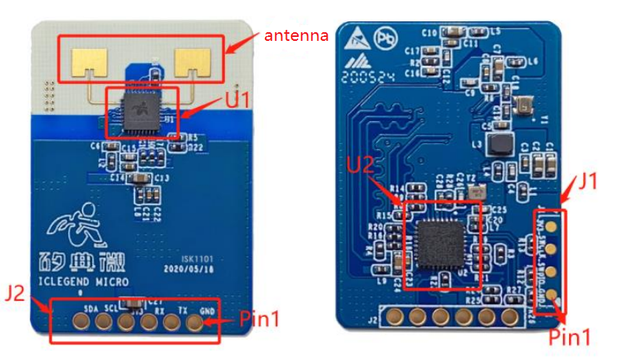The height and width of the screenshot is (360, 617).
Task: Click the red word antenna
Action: pos(296,35)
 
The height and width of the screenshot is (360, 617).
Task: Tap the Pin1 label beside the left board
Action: pos(260,318)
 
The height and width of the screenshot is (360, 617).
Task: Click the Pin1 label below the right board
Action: pos(568,337)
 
